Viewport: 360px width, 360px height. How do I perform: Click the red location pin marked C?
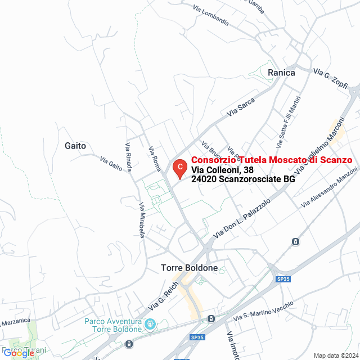click(x=179, y=168)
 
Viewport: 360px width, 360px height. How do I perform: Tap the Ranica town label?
click(x=281, y=73)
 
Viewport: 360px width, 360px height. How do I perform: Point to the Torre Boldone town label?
click(x=189, y=268)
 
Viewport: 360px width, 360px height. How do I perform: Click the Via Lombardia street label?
click(x=210, y=16)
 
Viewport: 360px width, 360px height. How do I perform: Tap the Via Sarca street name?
click(x=241, y=107)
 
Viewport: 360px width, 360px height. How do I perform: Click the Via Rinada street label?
click(x=128, y=151)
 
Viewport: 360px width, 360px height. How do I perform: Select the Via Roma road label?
click(x=155, y=159)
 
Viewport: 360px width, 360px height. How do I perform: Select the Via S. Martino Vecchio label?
click(x=268, y=309)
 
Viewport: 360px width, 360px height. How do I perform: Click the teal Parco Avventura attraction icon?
click(x=150, y=324)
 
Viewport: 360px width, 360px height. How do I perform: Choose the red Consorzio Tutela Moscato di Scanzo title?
click(x=272, y=160)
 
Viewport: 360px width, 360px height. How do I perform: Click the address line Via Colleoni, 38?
click(x=222, y=170)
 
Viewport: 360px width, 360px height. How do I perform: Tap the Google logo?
click(x=19, y=353)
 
